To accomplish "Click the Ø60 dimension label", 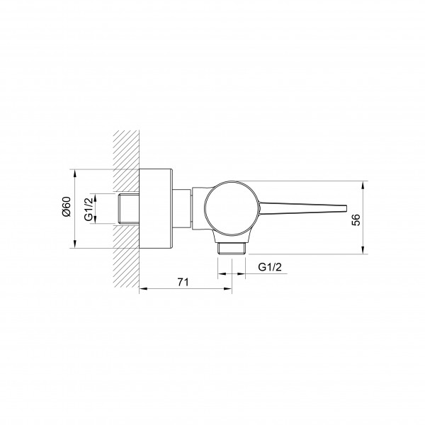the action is click(67, 207).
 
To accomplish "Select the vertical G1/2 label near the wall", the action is click(89, 209).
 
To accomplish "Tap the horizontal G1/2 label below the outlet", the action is click(270, 267).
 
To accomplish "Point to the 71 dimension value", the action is click(183, 282).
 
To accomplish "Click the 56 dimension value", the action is click(356, 220).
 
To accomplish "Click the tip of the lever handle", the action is click(346, 208).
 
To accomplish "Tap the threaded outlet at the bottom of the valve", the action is click(232, 249).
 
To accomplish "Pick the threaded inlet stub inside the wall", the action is click(130, 209).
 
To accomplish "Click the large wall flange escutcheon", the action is click(156, 209).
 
